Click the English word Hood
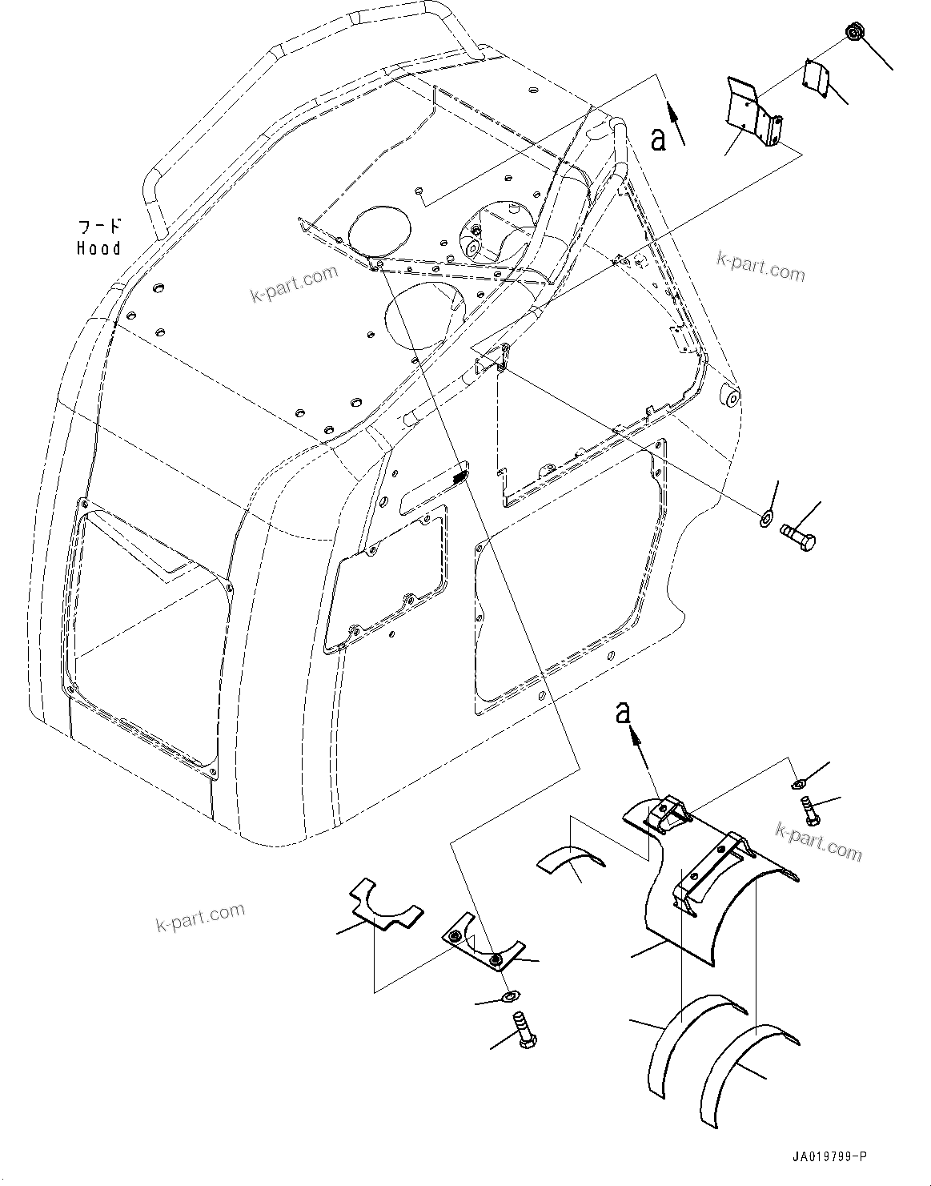point(98,248)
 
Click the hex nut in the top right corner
point(854,33)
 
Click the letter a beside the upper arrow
point(658,139)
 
